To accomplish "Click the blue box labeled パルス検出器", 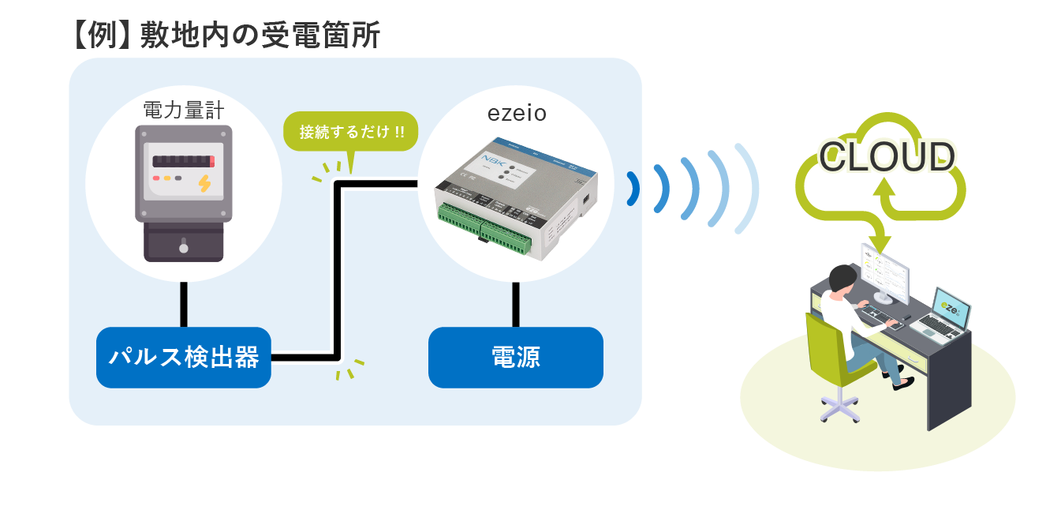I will click(183, 358).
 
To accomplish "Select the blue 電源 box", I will click(515, 358).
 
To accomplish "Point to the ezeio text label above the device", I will click(517, 113).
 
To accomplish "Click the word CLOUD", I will click(887, 157).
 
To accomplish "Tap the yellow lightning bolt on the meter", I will click(204, 183).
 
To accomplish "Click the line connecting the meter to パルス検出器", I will click(184, 304).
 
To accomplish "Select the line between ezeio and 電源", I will click(516, 304).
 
